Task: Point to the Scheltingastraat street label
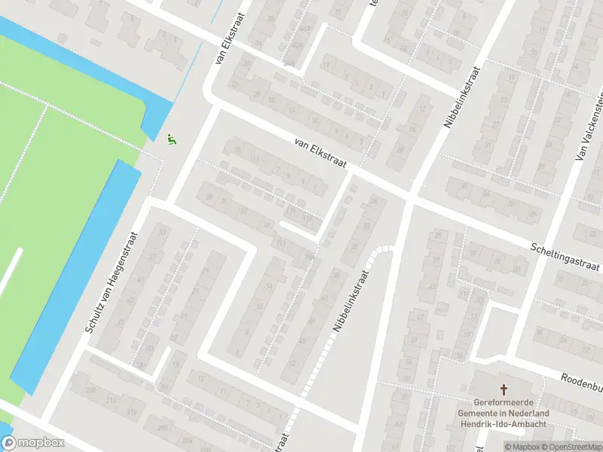pyautogui.click(x=565, y=257)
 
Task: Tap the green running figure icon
pyautogui.click(x=173, y=139)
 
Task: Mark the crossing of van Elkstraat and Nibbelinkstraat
pyautogui.click(x=408, y=197)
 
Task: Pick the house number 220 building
pyautogui.click(x=90, y=390)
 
